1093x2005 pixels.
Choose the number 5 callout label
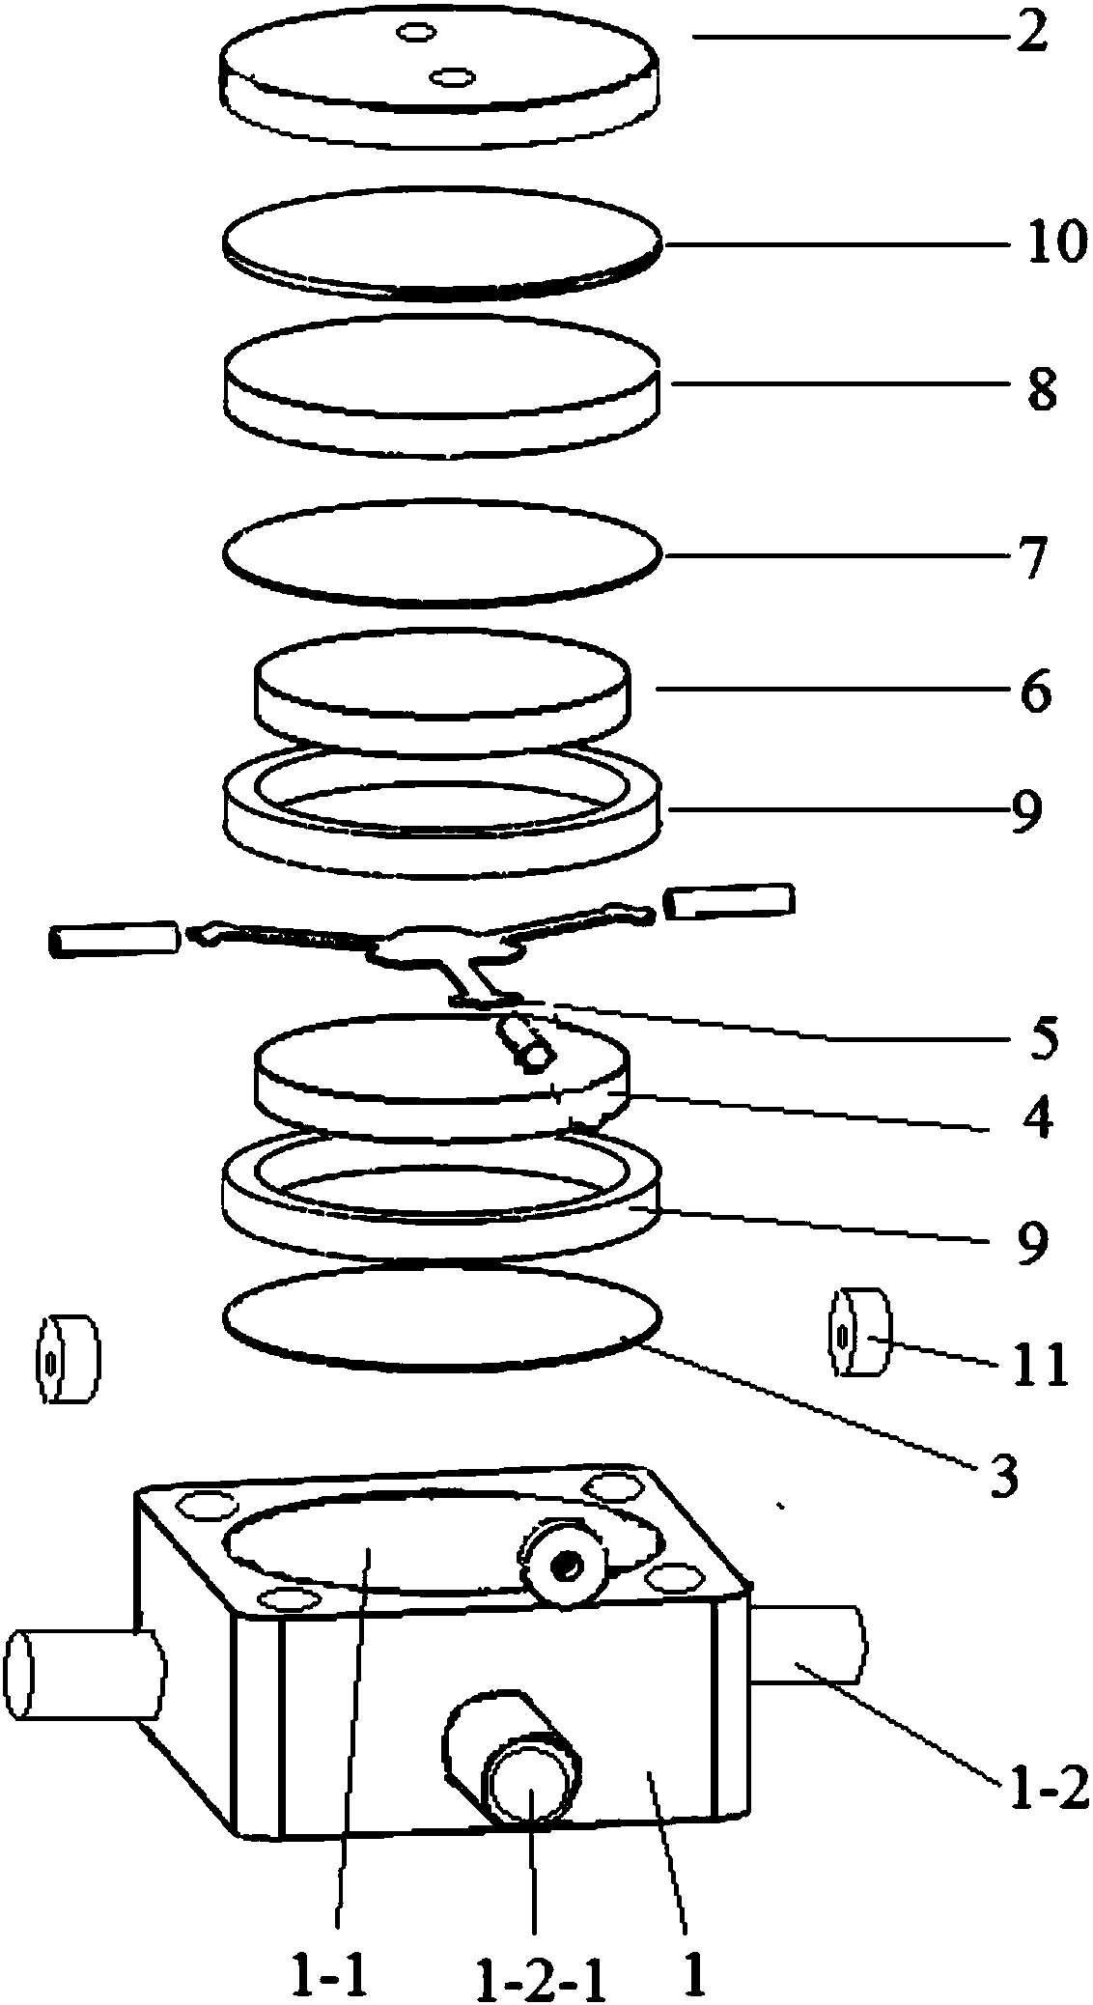click(x=1041, y=1034)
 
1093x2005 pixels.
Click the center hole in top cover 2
click(x=450, y=75)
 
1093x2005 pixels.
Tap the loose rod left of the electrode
click(x=114, y=939)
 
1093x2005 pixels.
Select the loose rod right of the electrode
click(x=729, y=900)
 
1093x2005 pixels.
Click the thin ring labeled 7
click(x=442, y=554)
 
